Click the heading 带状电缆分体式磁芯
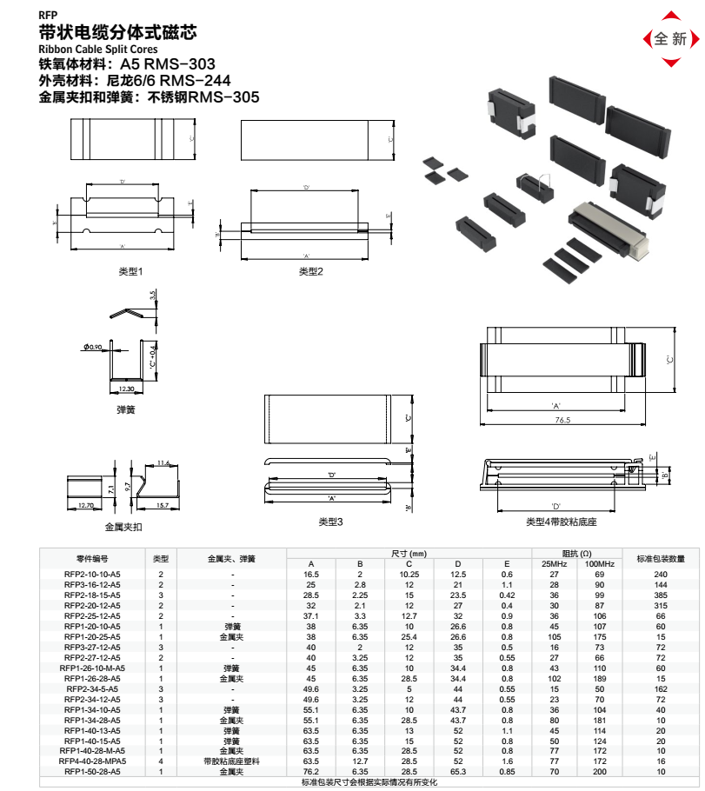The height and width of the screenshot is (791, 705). (118, 33)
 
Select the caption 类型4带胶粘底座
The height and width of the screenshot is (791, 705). (561, 522)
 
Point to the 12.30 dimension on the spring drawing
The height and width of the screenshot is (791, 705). (127, 389)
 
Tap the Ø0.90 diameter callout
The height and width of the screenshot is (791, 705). (93, 348)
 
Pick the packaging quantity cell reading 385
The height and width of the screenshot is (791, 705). (661, 595)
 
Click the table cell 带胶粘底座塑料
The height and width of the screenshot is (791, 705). (232, 761)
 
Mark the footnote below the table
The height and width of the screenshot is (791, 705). (370, 782)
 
